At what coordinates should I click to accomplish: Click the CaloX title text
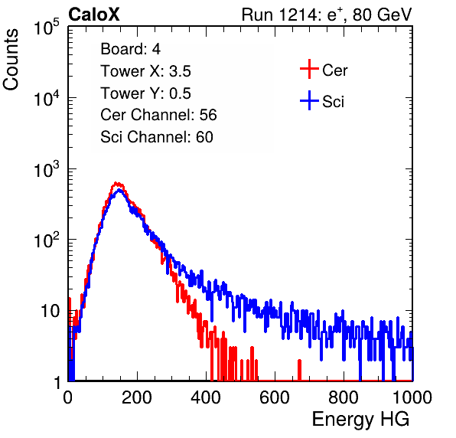point(94,15)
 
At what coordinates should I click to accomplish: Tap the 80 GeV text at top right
point(382,15)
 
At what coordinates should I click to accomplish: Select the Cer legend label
point(334,70)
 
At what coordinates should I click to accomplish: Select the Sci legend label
point(333,102)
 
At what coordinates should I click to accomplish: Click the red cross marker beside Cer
point(309,69)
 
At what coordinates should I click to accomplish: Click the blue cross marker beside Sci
point(309,100)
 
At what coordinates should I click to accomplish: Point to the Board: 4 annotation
point(130,49)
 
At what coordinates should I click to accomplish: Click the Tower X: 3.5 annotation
point(145,71)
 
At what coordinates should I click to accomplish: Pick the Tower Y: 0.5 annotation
point(145,93)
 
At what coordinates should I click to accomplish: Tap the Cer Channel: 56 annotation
point(158,115)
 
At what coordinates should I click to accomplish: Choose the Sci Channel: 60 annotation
point(157,137)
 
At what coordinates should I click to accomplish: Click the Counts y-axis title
point(11,60)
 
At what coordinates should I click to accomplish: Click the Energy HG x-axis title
point(360,420)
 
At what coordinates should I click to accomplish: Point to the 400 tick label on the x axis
point(206,397)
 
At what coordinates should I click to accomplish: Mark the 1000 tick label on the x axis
point(412,397)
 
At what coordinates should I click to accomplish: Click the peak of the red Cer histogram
point(116,183)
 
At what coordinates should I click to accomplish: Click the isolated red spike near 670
point(300,370)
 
